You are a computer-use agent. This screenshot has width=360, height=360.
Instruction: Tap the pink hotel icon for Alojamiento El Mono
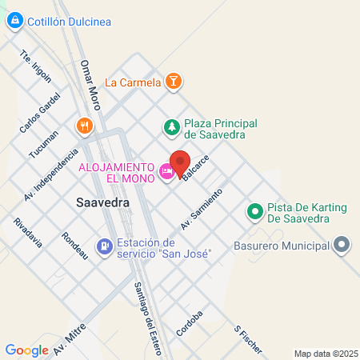(x=166, y=170)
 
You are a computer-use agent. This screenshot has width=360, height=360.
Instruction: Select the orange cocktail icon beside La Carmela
(x=174, y=82)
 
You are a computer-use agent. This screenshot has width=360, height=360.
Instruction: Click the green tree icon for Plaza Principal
(x=170, y=126)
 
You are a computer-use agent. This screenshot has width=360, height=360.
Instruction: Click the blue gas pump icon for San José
(x=103, y=247)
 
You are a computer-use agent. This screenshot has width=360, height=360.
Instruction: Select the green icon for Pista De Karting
(x=255, y=212)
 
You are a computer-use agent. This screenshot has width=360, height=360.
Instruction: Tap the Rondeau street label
(x=74, y=245)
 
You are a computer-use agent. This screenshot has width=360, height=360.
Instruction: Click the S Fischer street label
(x=248, y=341)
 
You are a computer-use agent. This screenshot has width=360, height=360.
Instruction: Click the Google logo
(x=27, y=350)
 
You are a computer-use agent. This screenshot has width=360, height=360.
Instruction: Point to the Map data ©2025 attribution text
(x=324, y=353)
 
